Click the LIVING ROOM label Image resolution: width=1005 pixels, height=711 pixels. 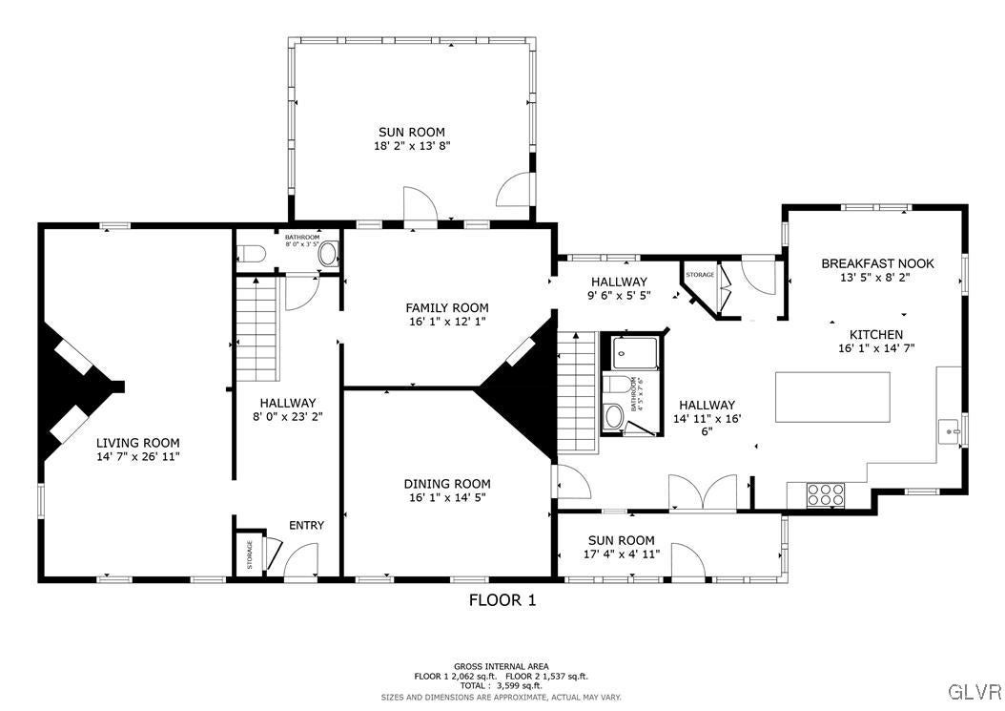click(x=137, y=443)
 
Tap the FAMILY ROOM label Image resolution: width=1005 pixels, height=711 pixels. click(x=446, y=307)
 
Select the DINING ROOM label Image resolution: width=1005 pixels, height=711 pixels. click(x=446, y=484)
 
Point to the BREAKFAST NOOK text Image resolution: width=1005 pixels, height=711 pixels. click(x=877, y=263)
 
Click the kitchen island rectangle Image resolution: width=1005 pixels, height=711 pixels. click(x=832, y=397)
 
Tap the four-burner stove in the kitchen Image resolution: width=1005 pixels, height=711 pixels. click(x=826, y=493)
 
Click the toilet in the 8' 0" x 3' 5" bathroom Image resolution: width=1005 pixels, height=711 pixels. click(x=251, y=255)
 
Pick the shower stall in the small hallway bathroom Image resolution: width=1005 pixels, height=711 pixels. click(x=633, y=353)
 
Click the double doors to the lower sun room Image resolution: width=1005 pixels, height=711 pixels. click(x=702, y=493)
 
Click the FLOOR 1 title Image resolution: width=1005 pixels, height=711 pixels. click(x=502, y=600)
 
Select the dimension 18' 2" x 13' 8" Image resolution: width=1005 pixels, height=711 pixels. click(x=411, y=146)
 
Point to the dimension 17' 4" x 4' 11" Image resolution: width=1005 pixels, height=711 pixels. click(x=621, y=554)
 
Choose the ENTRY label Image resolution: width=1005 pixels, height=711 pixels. click(x=306, y=525)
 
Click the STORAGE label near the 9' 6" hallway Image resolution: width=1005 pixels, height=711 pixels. click(x=700, y=275)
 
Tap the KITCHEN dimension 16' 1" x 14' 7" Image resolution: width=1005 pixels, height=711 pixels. click(x=875, y=348)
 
